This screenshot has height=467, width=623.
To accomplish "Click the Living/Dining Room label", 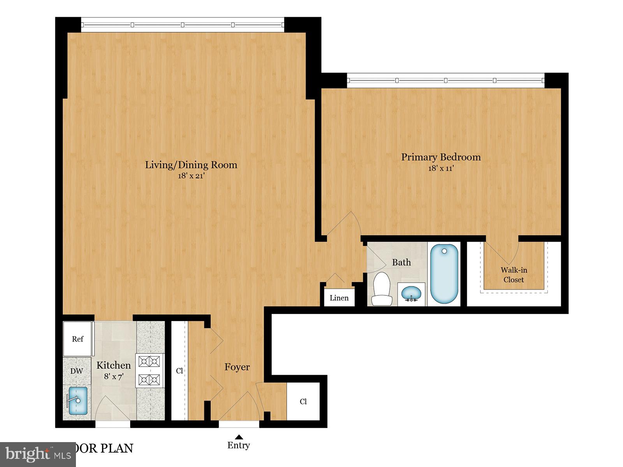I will point(191,165).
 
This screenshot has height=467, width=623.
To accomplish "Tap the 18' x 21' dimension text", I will point(191,176).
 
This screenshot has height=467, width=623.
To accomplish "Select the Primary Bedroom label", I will point(441,157).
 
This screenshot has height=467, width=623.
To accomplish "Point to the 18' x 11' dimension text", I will point(441,169).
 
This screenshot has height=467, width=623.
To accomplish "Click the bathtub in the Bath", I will point(445,274).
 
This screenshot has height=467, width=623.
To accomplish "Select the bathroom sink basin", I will point(411,293).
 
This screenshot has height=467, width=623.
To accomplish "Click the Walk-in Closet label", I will point(514,275).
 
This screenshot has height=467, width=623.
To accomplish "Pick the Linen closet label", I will point(339,298).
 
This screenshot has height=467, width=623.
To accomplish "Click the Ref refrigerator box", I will point(78,339).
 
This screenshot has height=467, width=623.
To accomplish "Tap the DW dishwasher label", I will point(77,371).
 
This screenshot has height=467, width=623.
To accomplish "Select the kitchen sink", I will point(77,401).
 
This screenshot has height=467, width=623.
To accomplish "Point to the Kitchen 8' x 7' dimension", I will point(113,377).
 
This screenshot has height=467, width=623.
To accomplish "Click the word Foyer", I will point(237,367).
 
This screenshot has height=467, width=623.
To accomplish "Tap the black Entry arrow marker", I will point(239,437).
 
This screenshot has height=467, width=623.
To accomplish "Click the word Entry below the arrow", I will point(239,446).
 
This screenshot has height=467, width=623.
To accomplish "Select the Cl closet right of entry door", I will point(303,402).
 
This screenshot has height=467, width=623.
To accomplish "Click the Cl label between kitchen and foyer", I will point(180,371).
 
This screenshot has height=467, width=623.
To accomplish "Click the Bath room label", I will point(401,263).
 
